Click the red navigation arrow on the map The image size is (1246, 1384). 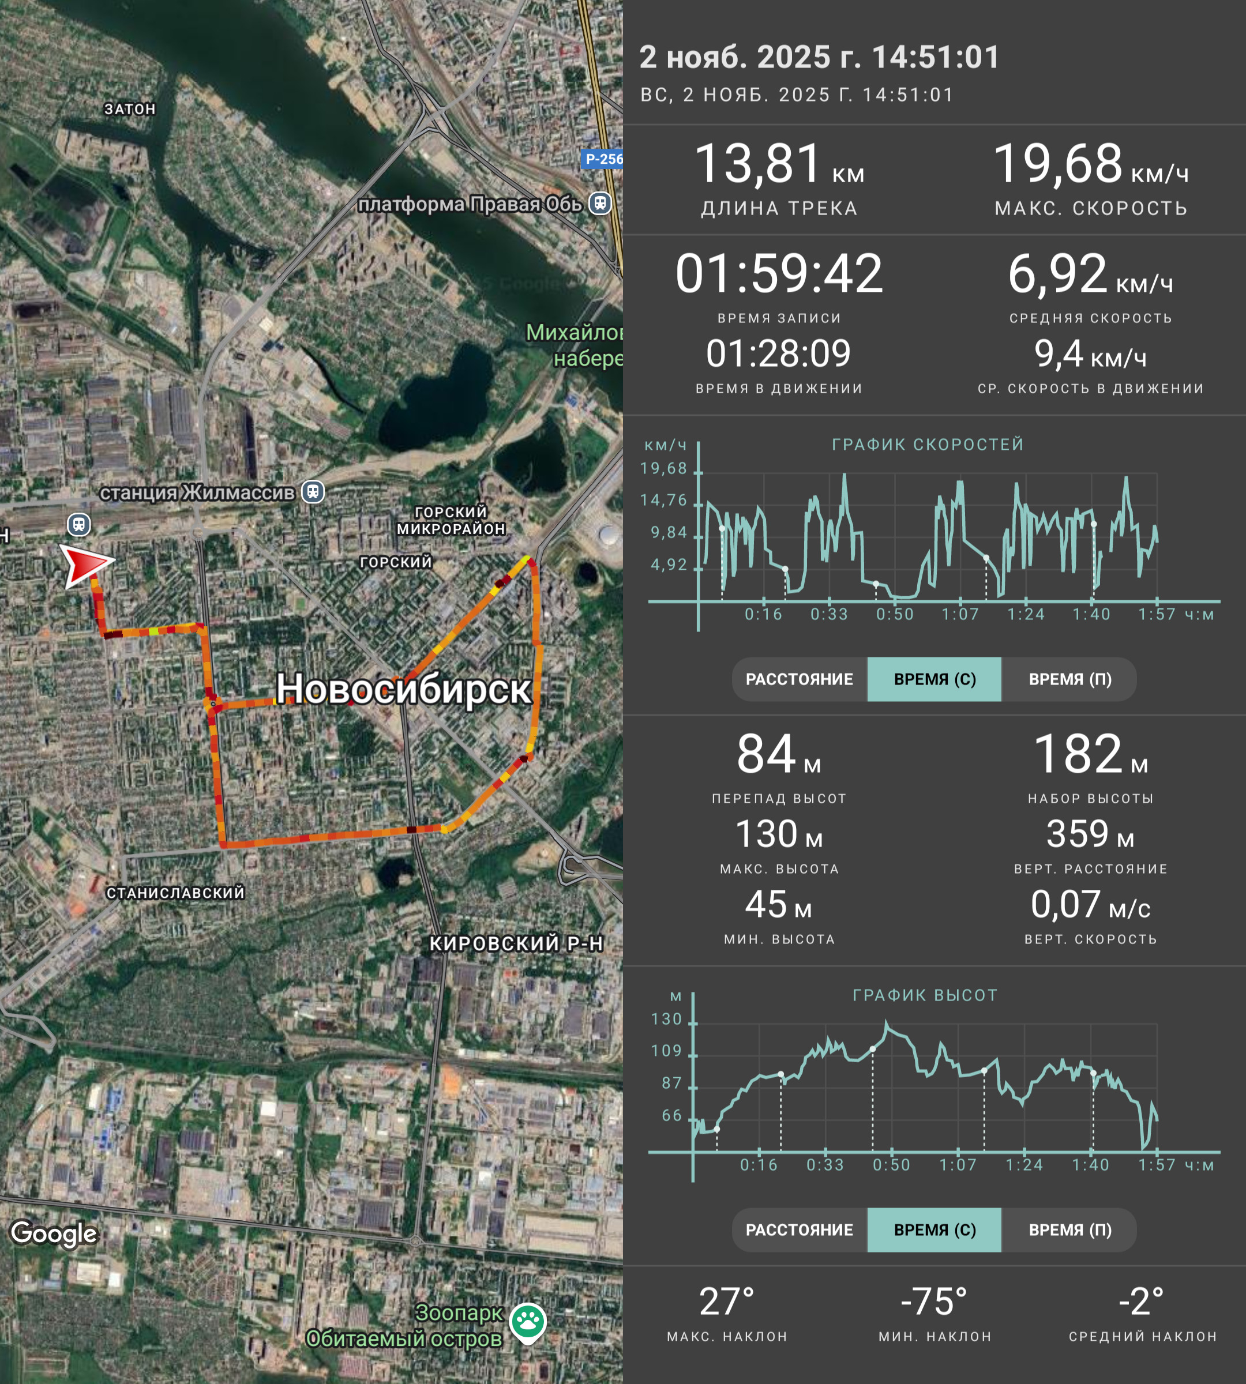click(85, 565)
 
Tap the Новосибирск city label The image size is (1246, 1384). click(403, 688)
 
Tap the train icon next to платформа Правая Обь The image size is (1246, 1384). click(601, 204)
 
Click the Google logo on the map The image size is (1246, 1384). click(54, 1233)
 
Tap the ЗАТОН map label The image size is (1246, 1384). click(130, 109)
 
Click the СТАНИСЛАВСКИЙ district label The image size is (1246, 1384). click(175, 893)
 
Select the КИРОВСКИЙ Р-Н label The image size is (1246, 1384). click(516, 943)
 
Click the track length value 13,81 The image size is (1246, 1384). click(758, 164)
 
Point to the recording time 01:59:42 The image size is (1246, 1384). click(779, 273)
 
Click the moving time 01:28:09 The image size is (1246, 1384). click(778, 353)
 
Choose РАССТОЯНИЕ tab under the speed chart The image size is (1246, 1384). click(799, 679)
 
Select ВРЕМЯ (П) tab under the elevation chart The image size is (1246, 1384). click(1070, 1230)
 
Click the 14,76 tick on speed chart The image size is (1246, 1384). click(663, 501)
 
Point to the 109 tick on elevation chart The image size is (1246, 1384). click(667, 1051)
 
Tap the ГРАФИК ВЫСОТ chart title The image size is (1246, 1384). click(925, 995)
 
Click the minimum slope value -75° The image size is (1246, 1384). click(934, 1301)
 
